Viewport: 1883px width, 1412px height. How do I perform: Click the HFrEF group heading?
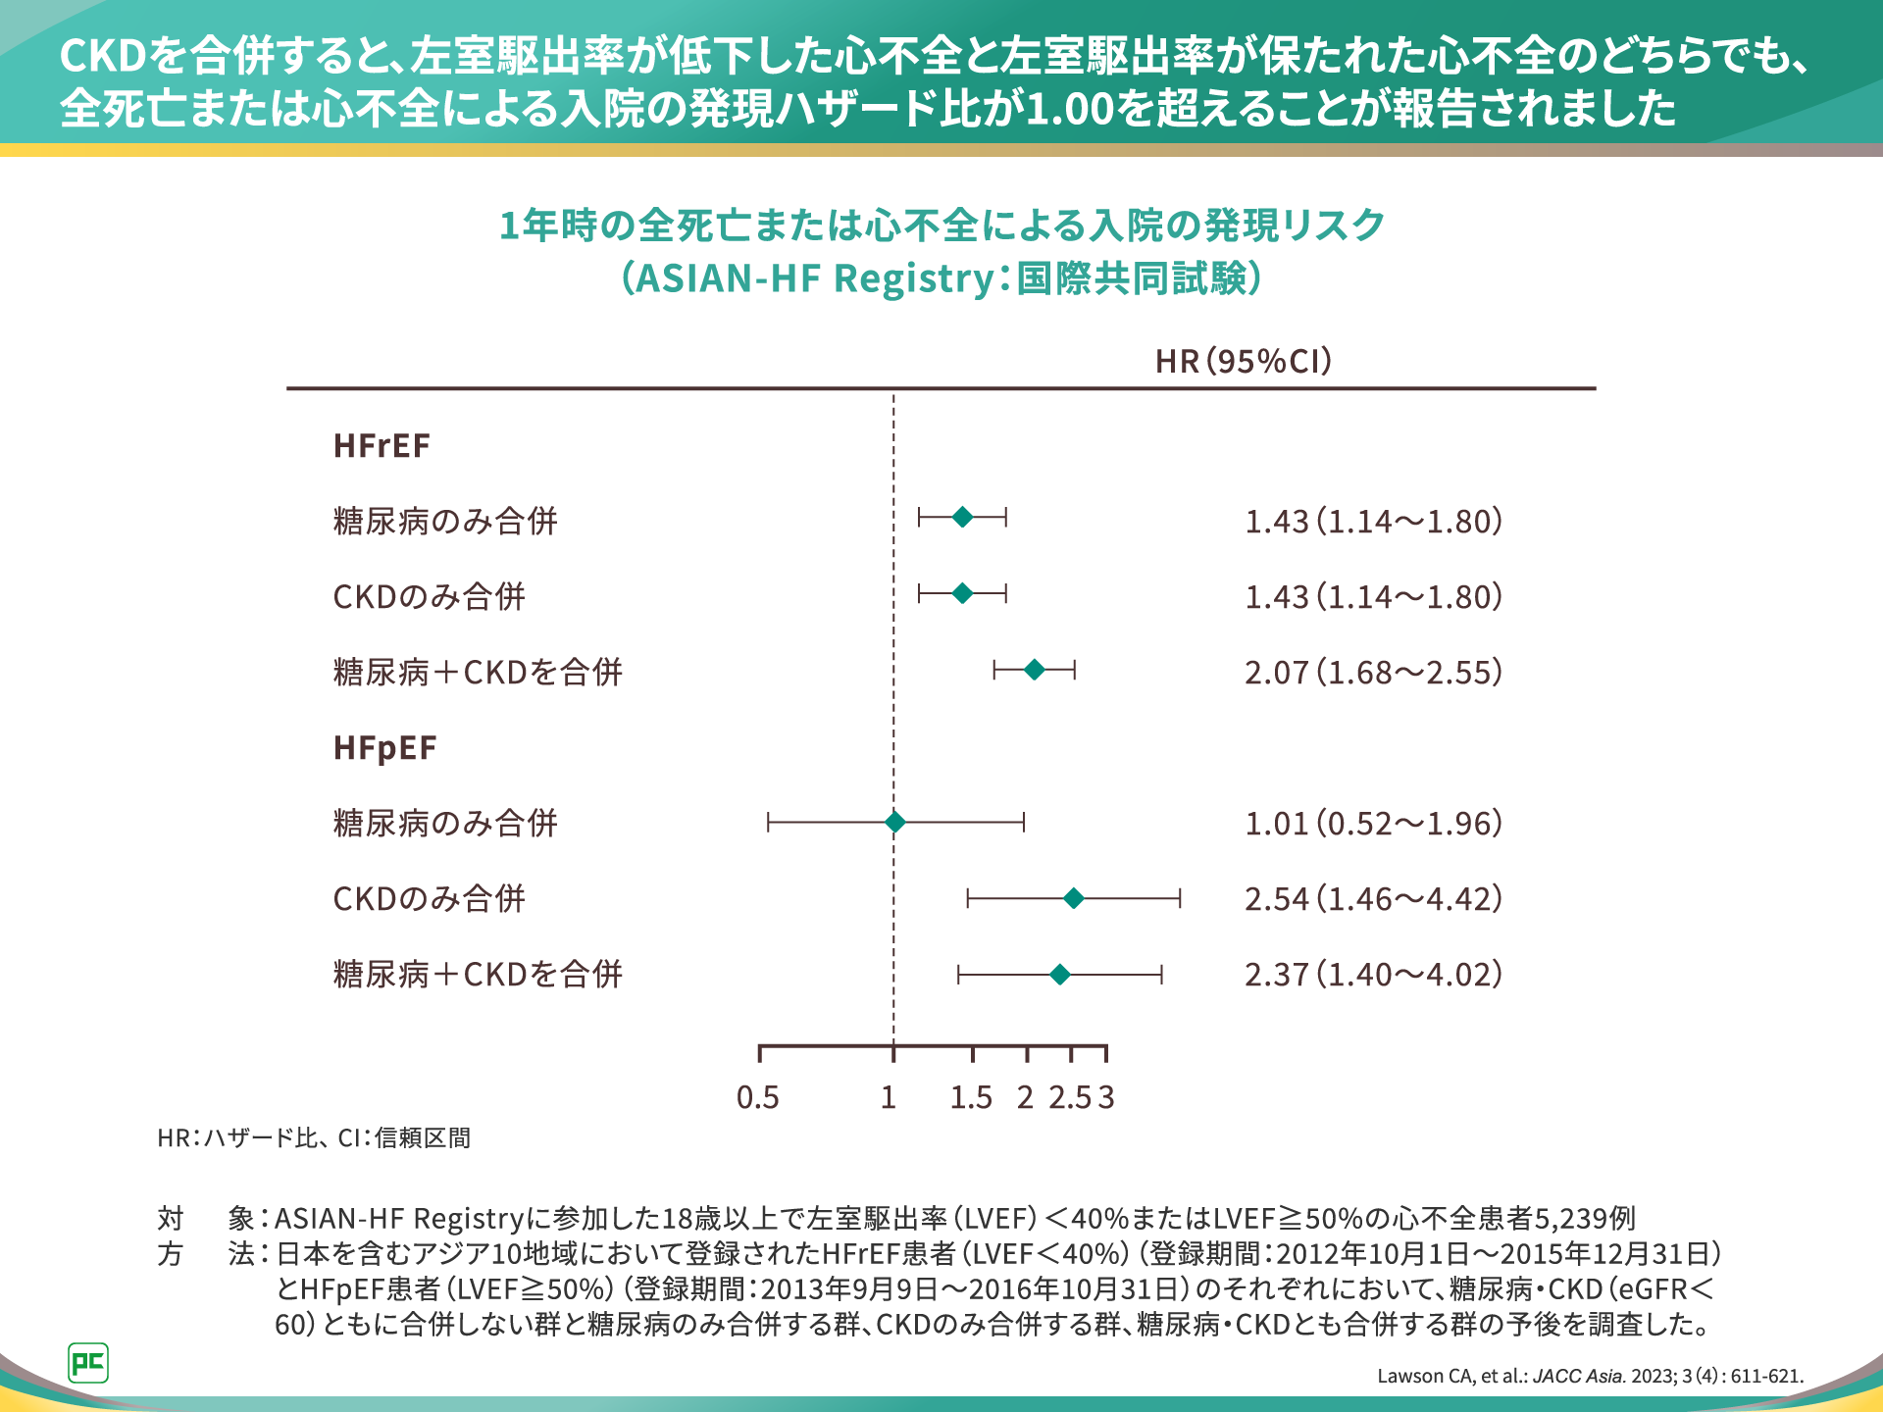(x=382, y=446)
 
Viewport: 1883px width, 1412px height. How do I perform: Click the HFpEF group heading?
(x=384, y=748)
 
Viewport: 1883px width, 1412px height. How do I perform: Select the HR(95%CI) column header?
(x=1244, y=361)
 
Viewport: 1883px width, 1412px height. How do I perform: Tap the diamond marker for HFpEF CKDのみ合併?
(x=1074, y=898)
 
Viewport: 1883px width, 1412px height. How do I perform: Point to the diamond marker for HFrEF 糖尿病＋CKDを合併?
(x=1034, y=670)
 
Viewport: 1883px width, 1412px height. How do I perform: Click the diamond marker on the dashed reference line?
(x=894, y=822)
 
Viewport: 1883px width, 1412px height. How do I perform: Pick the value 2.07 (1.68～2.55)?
(x=1373, y=673)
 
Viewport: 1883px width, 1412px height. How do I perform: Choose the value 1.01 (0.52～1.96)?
(x=1373, y=824)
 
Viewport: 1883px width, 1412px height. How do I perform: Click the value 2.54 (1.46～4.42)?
(x=1373, y=899)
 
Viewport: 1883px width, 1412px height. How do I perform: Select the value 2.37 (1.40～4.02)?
(x=1373, y=975)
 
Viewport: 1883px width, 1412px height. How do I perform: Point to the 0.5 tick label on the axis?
(x=758, y=1097)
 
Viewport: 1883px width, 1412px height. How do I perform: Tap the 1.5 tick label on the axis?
(x=971, y=1097)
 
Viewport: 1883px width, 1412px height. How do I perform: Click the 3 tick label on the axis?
(x=1106, y=1097)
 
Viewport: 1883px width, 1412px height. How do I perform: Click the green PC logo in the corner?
(x=88, y=1363)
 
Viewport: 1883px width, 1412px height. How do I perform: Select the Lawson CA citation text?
(x=1590, y=1376)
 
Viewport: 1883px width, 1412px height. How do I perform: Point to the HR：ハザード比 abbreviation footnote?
(x=314, y=1137)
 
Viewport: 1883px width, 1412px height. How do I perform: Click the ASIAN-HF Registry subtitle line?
(x=941, y=278)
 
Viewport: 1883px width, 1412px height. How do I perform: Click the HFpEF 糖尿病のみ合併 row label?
(x=445, y=824)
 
